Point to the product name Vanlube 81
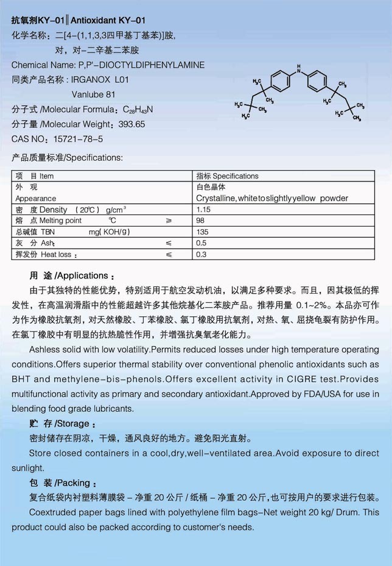(93, 94)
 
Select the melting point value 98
(201, 221)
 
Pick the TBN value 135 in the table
(203, 232)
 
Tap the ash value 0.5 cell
(201, 243)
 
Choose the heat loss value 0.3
(201, 254)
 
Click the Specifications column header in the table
(227, 176)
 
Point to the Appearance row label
(36, 199)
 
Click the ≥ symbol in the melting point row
(169, 221)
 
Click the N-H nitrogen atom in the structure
(298, 71)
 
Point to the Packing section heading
(64, 483)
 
